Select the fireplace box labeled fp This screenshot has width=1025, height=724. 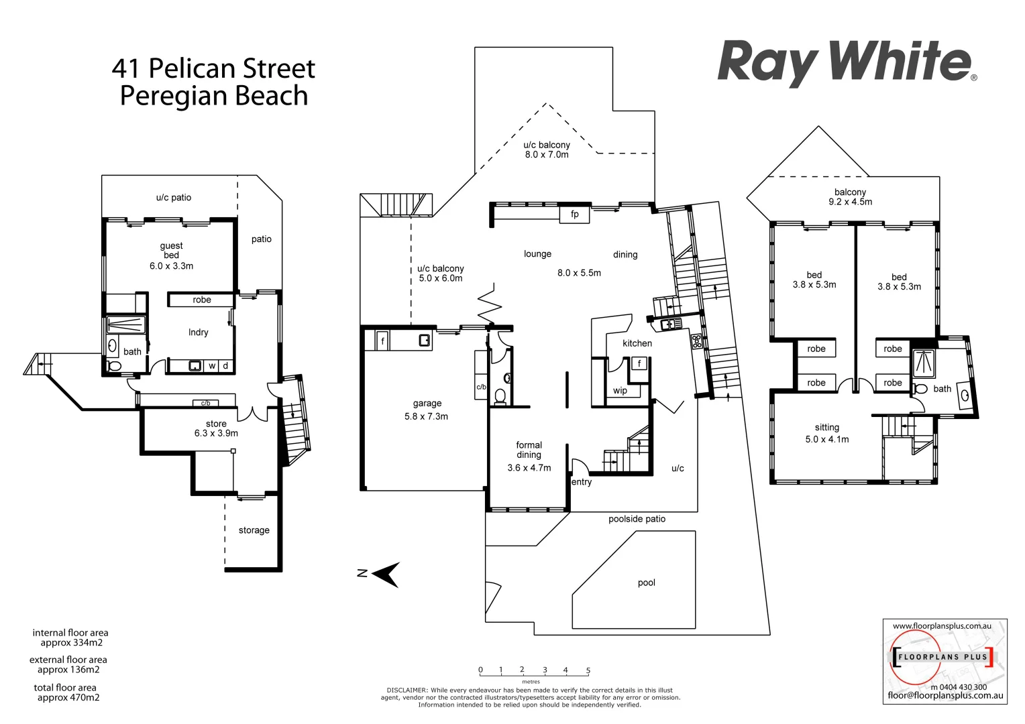(574, 215)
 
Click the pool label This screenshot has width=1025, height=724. (646, 583)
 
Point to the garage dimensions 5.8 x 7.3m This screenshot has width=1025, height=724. (426, 416)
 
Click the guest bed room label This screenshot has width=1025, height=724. (171, 250)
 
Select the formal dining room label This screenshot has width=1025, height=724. (529, 450)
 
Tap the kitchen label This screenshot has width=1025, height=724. (637, 343)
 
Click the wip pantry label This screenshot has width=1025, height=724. (620, 391)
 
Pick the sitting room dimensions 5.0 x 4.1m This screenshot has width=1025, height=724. (826, 439)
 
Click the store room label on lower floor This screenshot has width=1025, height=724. (216, 424)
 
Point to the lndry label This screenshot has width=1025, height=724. (198, 333)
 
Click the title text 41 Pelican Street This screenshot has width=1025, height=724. (213, 68)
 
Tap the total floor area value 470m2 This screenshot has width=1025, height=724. (68, 697)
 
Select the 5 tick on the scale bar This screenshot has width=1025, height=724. (588, 670)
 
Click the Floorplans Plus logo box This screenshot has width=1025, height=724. (945, 661)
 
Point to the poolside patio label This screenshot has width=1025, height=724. (637, 519)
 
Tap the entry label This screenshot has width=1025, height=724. (582, 482)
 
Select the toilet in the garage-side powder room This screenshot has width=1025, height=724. (500, 396)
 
